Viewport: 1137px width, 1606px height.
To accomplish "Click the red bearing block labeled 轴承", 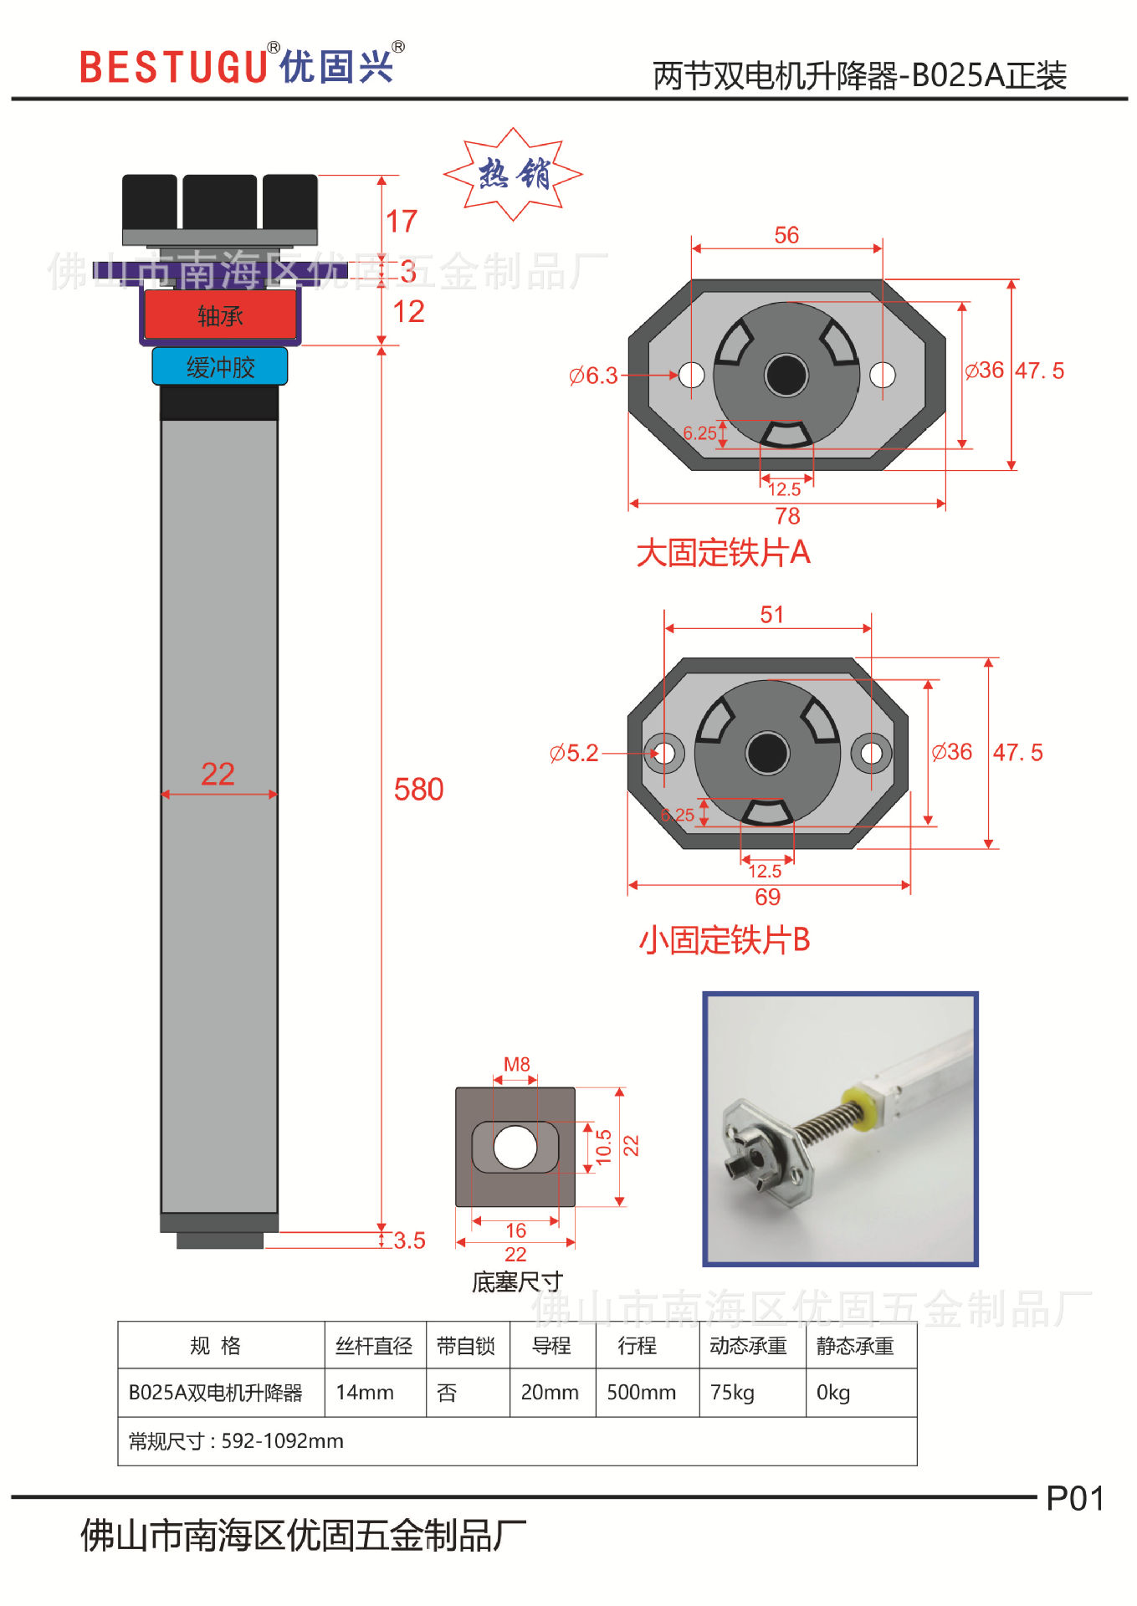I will point(220,315).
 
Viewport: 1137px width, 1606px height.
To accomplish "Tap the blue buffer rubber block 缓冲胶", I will point(220,367).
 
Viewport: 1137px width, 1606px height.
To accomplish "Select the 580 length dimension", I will point(418,790).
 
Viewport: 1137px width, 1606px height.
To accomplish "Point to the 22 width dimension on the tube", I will point(218,775).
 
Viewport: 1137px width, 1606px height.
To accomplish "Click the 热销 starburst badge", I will point(513,174).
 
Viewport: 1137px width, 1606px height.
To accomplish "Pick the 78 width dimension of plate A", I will point(787,516).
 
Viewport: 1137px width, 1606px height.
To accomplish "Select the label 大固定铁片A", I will point(723,553).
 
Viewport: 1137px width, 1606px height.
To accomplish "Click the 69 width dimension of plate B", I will point(767,898).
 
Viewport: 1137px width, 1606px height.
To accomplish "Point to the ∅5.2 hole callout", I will point(574,754).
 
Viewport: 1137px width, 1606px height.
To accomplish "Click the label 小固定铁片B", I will point(725,940).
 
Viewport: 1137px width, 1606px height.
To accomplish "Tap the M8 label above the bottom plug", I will point(516,1065).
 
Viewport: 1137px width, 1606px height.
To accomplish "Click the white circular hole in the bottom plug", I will point(515,1147).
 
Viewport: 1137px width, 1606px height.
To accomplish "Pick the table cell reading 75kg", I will point(732,1393).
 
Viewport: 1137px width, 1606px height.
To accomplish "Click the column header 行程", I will point(637,1346).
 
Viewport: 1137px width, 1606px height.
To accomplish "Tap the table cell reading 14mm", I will point(365,1393).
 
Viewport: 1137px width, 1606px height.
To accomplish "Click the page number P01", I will point(1074,1499).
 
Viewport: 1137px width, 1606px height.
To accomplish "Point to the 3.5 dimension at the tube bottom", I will point(409,1240).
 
